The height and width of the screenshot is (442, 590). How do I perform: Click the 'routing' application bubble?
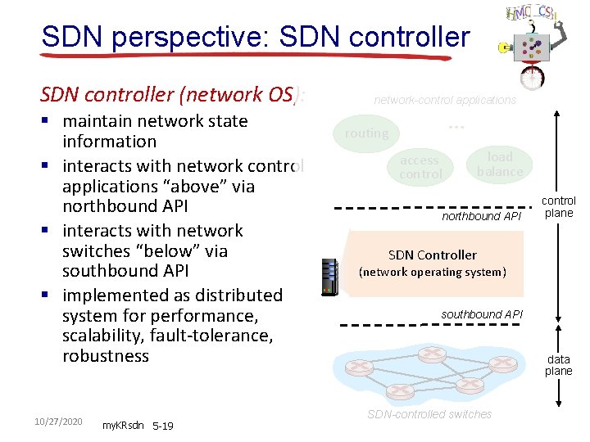366,133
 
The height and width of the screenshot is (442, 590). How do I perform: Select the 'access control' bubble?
420,167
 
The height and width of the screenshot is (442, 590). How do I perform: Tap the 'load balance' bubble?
499,164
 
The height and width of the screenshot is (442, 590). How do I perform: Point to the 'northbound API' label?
481,217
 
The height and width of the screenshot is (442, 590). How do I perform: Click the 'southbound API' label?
481,314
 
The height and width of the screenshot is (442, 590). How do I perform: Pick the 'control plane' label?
559,206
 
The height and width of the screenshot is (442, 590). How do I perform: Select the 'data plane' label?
559,365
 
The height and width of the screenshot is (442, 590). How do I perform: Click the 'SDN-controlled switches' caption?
429,414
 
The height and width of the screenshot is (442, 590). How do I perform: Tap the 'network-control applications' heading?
445,100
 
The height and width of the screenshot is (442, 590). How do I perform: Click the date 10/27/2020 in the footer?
58,421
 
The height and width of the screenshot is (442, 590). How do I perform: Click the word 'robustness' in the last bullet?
106,356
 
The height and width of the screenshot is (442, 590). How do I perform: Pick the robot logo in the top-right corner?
533,41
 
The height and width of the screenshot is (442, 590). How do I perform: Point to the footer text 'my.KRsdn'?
122,426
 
